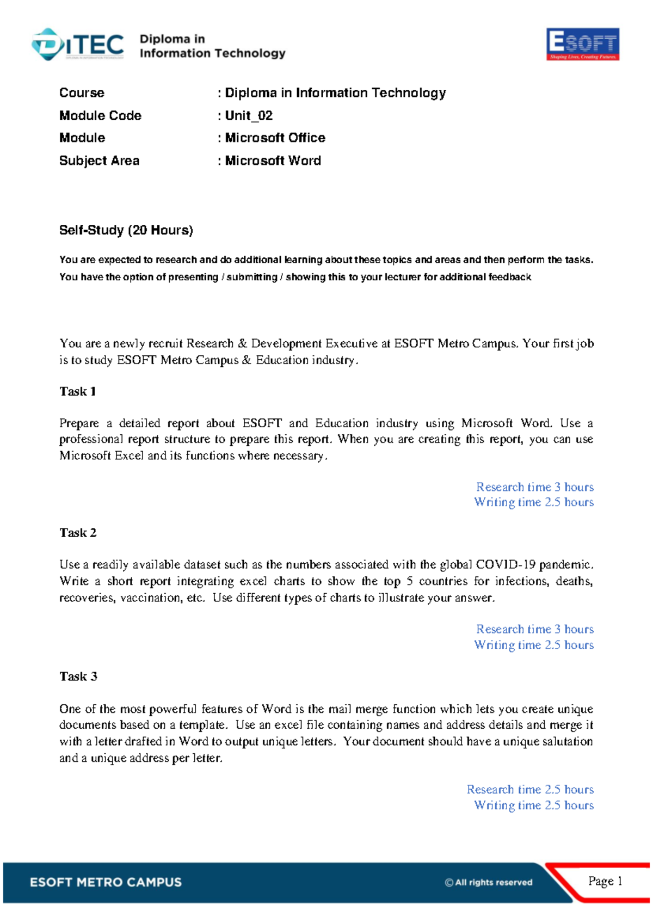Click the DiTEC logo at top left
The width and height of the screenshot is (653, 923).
tap(78, 45)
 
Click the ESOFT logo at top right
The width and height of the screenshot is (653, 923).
tap(582, 44)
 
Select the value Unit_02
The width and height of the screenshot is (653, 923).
tap(249, 115)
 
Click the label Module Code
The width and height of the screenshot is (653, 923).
tap(100, 115)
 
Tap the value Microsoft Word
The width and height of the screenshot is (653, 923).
tap(273, 161)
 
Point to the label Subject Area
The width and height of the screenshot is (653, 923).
tap(99, 161)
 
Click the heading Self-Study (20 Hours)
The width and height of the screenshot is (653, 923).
tap(126, 230)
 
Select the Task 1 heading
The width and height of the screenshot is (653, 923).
tap(78, 391)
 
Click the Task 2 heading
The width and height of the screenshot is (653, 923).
tap(78, 533)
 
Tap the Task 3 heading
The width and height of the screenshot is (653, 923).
tap(78, 676)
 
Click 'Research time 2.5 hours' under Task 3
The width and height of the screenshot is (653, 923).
tap(530, 789)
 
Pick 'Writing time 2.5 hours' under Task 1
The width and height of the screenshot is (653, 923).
tap(533, 502)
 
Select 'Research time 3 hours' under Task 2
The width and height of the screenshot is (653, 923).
tap(534, 629)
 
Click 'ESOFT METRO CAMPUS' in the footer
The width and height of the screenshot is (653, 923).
tap(106, 882)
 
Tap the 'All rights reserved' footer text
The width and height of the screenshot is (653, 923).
tap(489, 882)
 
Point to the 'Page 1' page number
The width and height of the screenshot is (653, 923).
tap(605, 881)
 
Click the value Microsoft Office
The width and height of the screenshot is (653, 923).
tap(275, 138)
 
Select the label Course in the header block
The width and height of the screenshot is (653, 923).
tap(82, 93)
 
